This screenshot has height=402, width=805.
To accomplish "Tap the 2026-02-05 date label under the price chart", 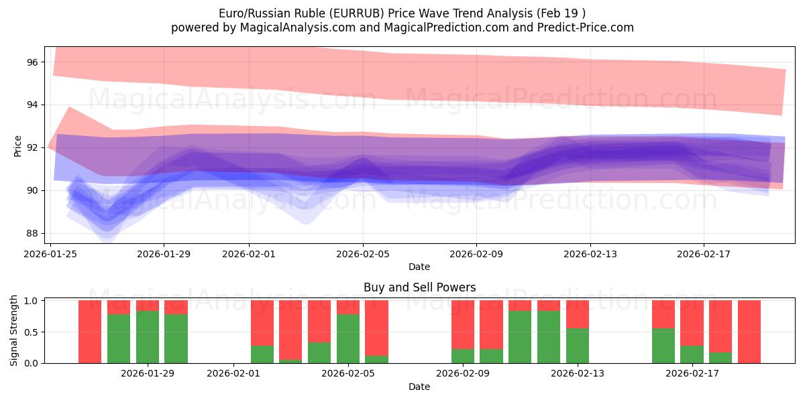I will [363, 254].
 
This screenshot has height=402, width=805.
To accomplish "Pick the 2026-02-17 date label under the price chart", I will [704, 254].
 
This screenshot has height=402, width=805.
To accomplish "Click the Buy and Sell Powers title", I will [419, 287].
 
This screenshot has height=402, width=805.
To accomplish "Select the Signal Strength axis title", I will [14, 330].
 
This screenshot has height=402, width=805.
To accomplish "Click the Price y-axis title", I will [17, 145].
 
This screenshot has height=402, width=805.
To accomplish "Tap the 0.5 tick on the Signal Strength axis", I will [30, 332].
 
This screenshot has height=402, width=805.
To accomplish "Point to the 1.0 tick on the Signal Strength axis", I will [30, 301].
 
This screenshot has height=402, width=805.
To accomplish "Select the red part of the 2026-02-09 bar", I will [463, 324].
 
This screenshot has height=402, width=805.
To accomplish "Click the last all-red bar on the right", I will [749, 332].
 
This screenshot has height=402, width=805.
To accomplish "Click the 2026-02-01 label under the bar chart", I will [233, 373].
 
